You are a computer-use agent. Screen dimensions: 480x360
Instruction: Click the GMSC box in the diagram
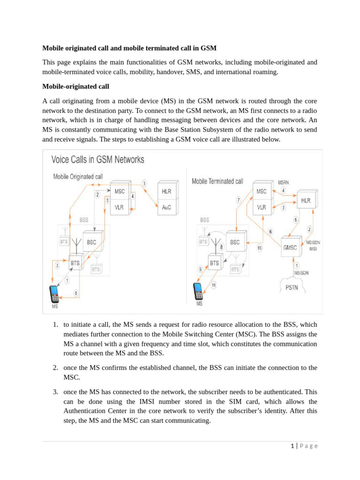click(289, 247)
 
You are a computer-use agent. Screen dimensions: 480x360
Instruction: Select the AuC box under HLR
click(166, 207)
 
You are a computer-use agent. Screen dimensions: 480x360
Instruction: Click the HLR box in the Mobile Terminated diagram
click(306, 201)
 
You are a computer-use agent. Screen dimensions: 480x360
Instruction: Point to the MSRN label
click(284, 182)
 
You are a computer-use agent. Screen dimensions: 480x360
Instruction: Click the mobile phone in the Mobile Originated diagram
click(55, 294)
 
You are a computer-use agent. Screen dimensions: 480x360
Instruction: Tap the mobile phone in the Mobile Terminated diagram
click(198, 291)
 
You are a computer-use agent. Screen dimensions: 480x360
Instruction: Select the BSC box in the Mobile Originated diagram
click(91, 242)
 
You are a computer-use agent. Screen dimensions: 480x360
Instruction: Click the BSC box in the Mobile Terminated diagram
click(235, 242)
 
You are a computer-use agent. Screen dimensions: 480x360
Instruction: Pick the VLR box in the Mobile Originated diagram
click(119, 207)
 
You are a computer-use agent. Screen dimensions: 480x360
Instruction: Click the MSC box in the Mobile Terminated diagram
click(262, 191)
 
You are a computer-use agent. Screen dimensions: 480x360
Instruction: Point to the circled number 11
click(213, 285)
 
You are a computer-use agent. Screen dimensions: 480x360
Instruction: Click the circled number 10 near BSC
click(259, 247)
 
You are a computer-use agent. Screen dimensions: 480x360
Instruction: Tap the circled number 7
click(239, 200)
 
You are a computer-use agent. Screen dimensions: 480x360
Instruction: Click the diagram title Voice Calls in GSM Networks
click(97, 160)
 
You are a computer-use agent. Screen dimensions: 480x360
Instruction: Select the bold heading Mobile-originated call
click(75, 86)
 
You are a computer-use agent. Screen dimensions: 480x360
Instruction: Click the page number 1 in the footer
click(292, 446)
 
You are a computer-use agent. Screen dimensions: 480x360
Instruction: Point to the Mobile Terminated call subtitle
click(217, 181)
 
